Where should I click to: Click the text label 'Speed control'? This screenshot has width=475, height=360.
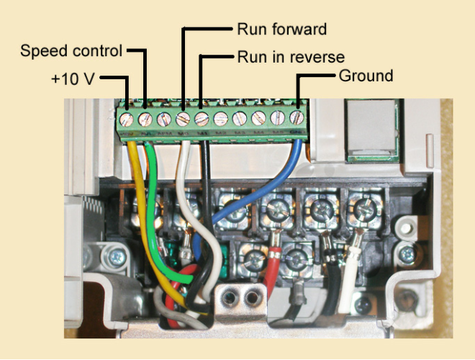[x=71, y=50]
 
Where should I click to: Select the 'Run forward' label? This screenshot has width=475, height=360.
[x=281, y=30]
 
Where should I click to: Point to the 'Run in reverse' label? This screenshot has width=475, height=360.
[x=291, y=56]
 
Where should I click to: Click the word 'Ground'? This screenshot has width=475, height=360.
[x=365, y=76]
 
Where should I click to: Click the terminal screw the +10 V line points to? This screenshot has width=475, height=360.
[x=127, y=117]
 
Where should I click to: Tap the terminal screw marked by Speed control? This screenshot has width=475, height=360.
[x=145, y=117]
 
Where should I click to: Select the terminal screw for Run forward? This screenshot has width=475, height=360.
[x=183, y=117]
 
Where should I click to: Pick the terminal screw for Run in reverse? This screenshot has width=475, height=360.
[x=202, y=117]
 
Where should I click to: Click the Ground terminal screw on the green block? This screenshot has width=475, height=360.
[x=296, y=117]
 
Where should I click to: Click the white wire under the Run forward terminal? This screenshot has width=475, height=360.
[x=183, y=173]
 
